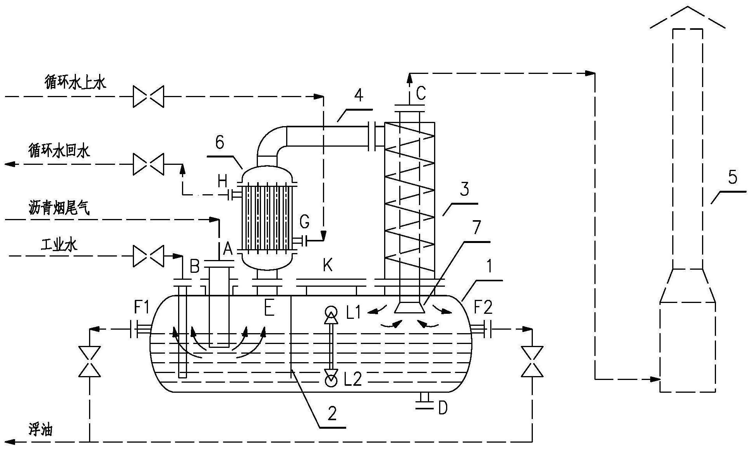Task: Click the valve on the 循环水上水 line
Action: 148,96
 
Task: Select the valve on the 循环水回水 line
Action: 148,164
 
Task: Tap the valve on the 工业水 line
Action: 148,256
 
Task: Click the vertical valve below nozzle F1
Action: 89,361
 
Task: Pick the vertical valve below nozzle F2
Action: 532,361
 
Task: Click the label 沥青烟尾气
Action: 59,208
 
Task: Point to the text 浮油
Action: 40,430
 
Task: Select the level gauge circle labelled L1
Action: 331,311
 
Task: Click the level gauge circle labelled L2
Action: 331,382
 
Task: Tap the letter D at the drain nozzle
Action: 443,408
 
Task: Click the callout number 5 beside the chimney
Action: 732,177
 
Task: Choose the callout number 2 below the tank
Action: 332,414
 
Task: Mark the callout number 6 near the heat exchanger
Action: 220,143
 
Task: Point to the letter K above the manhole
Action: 328,266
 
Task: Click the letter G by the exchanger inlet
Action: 305,222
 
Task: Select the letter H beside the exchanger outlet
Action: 222,180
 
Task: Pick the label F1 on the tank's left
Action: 142,308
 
